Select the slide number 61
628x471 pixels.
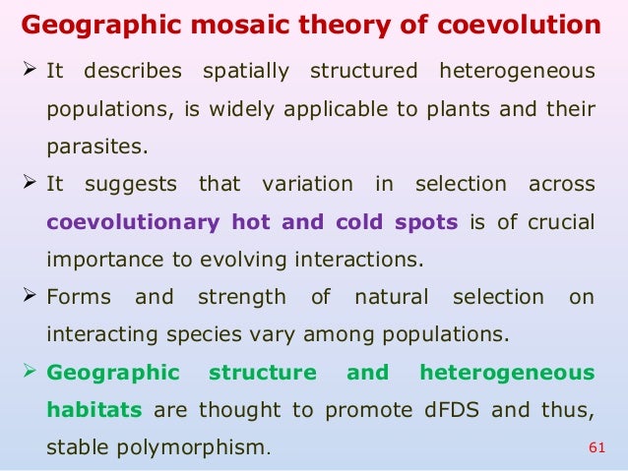[x=594, y=448]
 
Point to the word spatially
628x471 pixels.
[x=244, y=72]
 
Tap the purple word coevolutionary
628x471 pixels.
[x=133, y=221]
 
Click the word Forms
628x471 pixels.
[x=79, y=296]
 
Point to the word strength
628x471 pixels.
[x=242, y=296]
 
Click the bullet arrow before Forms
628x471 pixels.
[x=30, y=295]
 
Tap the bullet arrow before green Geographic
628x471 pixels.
[x=30, y=372]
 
